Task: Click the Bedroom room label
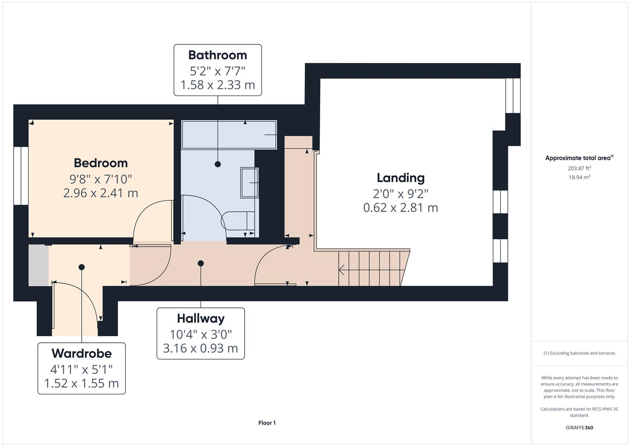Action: pos(101,163)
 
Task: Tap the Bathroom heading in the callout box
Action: pos(217,55)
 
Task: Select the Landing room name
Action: pos(401,178)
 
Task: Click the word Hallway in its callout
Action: pos(201,318)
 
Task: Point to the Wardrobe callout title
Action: pos(81,353)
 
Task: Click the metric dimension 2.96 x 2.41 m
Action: pos(101,193)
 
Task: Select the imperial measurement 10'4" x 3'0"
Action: pos(201,334)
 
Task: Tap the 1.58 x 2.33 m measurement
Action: pos(217,85)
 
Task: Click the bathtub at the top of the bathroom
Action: pos(229,135)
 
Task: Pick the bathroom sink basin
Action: pos(250,183)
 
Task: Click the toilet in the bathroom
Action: pos(238,221)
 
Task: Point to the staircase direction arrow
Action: pos(342,270)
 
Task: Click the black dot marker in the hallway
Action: pos(201,263)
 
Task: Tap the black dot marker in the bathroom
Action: pos(218,164)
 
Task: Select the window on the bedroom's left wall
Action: pos(21,176)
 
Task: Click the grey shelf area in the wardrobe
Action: pos(38,265)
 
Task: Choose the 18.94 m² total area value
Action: pos(579,177)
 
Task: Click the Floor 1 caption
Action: pos(267,423)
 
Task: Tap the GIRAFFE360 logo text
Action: pos(579,428)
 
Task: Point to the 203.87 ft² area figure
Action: pos(579,168)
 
